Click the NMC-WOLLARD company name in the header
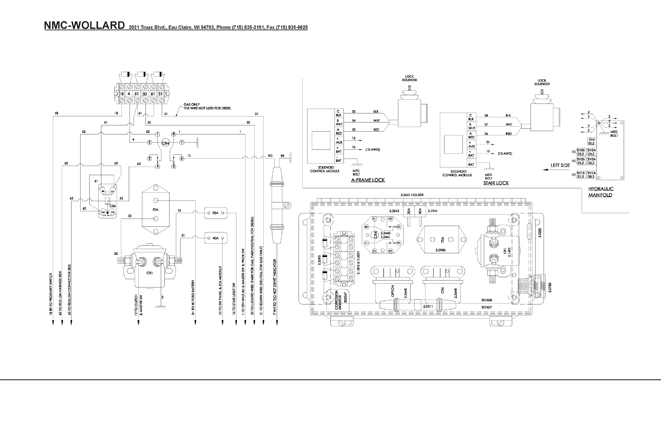click(x=85, y=25)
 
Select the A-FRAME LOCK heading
click(x=368, y=180)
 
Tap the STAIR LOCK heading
click(x=496, y=183)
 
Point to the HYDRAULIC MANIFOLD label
click(x=601, y=192)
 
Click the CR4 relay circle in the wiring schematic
click(x=166, y=143)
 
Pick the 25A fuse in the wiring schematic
click(x=215, y=213)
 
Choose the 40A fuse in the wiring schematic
click(x=215, y=238)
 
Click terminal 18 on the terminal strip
click(x=122, y=94)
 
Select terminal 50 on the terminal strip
click(x=145, y=94)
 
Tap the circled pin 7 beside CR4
click(x=182, y=142)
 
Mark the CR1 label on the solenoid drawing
click(x=149, y=273)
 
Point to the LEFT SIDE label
click(x=560, y=165)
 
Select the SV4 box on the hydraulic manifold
click(x=592, y=142)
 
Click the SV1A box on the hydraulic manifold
click(x=592, y=175)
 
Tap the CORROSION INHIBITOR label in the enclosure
click(x=338, y=300)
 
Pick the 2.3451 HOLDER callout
click(x=412, y=195)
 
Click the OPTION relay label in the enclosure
click(x=393, y=291)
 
